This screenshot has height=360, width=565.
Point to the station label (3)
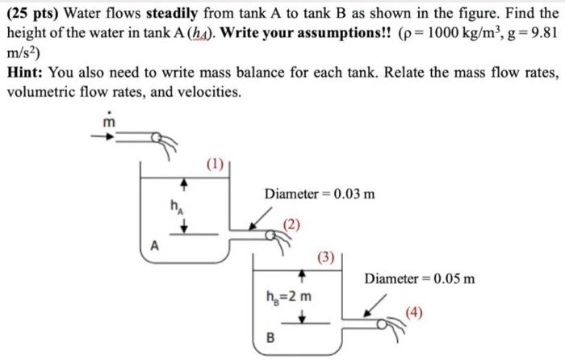point(325,257)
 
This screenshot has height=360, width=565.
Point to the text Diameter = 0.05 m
point(419,279)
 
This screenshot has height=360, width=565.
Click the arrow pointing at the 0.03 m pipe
point(259,216)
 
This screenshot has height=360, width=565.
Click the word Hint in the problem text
point(26,73)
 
